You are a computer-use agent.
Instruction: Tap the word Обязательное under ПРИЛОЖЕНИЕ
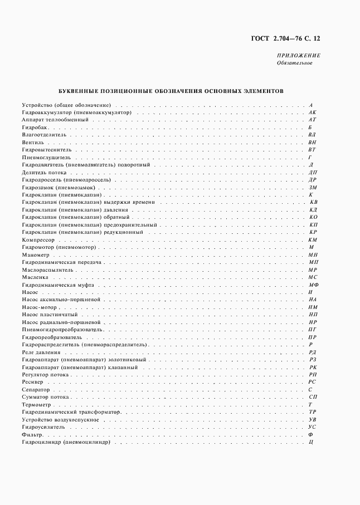294,63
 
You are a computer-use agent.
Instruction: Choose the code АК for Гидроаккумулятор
312,112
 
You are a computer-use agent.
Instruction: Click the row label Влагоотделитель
44,135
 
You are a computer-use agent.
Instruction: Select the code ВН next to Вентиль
312,143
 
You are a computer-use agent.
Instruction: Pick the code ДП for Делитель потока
313,173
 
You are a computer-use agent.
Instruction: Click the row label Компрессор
37,239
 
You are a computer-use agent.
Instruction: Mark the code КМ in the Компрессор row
313,239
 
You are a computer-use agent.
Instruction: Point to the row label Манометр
35,254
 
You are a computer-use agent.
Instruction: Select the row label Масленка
35,277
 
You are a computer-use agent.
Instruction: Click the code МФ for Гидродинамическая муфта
313,285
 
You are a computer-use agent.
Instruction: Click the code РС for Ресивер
313,382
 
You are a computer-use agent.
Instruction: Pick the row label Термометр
37,405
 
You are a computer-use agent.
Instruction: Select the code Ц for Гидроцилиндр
313,442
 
